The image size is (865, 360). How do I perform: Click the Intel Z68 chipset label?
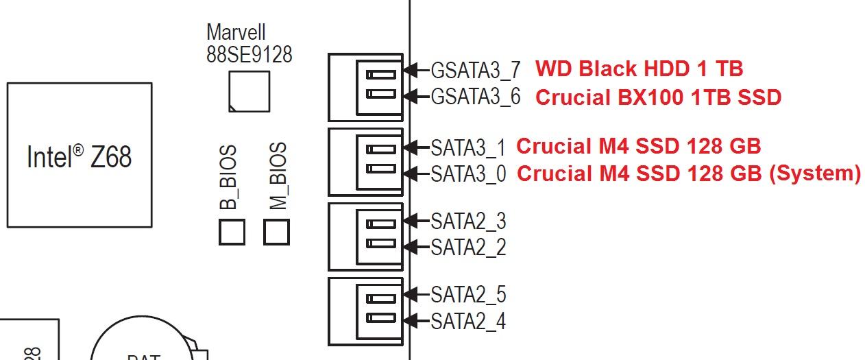79,157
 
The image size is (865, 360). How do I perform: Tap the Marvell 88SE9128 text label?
249,43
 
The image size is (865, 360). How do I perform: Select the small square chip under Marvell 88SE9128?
249,91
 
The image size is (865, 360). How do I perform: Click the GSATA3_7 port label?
475,70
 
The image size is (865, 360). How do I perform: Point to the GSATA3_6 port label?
475,97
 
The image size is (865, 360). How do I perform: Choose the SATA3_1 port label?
468,147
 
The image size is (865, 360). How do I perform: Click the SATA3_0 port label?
468,173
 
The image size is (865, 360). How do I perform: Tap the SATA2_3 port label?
468,221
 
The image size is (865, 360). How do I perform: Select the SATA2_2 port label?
468,247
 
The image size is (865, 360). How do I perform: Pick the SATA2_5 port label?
468,295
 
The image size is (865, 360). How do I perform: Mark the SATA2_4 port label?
468,321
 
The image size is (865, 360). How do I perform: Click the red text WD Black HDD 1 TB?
639,69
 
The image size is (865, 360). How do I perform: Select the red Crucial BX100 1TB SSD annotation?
658,97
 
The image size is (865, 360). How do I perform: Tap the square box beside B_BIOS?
232,232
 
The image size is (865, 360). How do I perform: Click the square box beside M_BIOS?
276,232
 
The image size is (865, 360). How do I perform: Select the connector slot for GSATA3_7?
380,74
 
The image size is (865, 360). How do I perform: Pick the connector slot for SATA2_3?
380,223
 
